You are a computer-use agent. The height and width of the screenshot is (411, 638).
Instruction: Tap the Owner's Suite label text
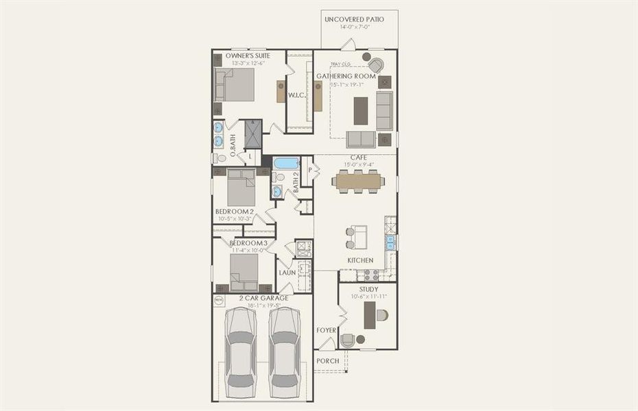(248, 55)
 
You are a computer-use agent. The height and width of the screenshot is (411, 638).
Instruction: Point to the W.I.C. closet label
(296, 95)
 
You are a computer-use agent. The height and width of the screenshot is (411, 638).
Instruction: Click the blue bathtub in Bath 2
(286, 163)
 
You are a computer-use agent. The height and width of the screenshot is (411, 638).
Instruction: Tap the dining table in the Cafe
(357, 181)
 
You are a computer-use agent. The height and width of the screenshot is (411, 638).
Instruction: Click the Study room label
(368, 289)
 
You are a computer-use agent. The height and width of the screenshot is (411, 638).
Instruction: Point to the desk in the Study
(370, 315)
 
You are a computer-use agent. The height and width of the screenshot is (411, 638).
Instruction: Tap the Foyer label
(327, 330)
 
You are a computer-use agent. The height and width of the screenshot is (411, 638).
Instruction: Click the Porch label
(327, 361)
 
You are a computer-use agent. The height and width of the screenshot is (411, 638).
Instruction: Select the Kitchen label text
(360, 260)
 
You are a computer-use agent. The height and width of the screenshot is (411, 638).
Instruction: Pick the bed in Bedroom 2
(241, 186)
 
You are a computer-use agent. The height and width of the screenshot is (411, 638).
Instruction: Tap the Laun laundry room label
(287, 273)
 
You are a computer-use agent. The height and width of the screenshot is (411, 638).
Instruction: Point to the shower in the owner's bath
(253, 134)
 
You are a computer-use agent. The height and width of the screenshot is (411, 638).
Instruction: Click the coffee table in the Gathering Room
(360, 110)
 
